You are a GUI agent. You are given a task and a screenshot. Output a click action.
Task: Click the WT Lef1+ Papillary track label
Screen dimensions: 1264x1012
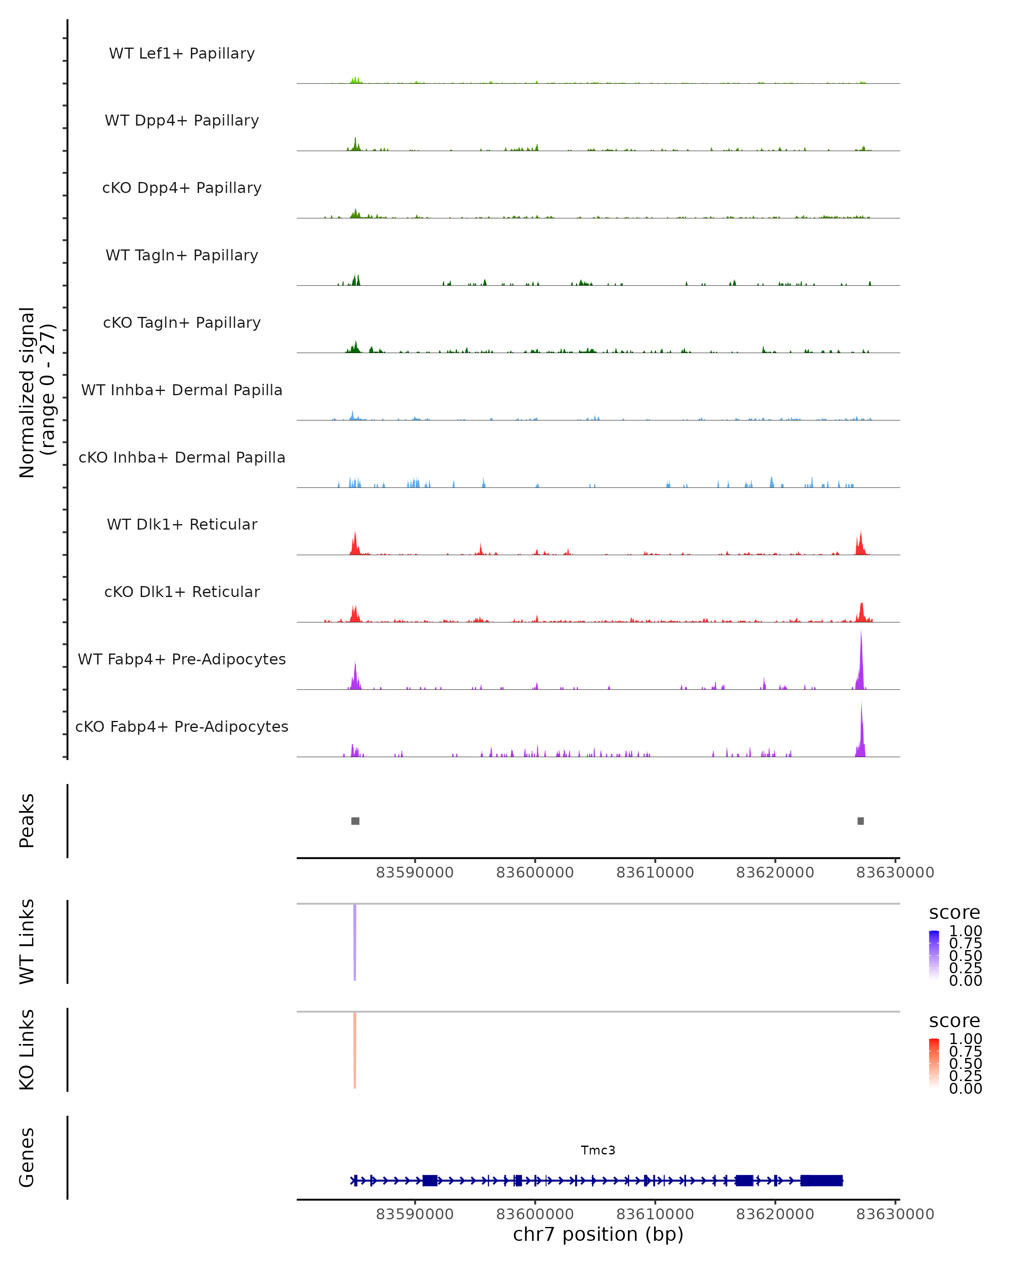point(182,54)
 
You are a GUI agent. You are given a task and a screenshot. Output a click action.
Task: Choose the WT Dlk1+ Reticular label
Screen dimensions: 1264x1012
point(182,524)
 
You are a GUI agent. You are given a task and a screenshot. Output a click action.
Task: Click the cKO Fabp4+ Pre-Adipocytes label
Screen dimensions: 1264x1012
point(182,726)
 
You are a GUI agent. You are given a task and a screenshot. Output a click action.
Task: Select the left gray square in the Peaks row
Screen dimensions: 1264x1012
point(355,821)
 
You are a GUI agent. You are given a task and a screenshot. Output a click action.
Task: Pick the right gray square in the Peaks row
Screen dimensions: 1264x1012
point(861,821)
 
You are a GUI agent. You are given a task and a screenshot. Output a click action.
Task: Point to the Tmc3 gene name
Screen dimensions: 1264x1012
point(598,1150)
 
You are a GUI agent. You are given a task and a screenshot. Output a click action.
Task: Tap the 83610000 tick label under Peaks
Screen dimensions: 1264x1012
point(655,873)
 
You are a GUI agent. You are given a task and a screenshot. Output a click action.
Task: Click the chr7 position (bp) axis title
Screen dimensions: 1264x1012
point(598,1234)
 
